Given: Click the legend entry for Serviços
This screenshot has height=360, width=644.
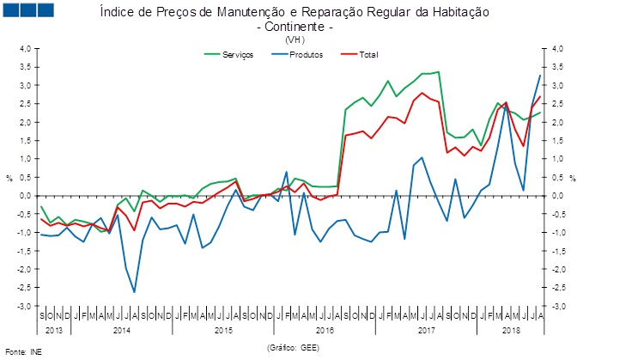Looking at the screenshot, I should coord(237,54).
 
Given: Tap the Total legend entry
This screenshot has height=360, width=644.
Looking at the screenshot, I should coord(364,54).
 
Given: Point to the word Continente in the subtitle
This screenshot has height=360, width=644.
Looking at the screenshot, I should coord(305,27).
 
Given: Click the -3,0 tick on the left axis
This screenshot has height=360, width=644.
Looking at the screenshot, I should coord(23,307).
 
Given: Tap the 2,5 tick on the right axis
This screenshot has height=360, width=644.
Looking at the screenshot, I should coord(558,86).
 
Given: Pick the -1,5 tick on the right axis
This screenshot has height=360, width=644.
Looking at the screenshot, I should coord(559,252).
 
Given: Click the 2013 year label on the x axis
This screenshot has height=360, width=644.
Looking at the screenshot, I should coord(54,329).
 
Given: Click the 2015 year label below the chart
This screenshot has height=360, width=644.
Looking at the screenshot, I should coord(222,329).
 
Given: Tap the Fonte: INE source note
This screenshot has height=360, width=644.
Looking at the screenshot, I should coord(24,351).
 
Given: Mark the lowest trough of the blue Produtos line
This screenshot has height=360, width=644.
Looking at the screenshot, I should coord(134,292).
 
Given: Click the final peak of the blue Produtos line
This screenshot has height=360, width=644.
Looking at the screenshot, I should coord(539,76).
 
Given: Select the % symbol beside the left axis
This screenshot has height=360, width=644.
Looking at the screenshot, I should coord(9,178).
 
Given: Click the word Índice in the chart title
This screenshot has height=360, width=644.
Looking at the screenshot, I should coord(117,14).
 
